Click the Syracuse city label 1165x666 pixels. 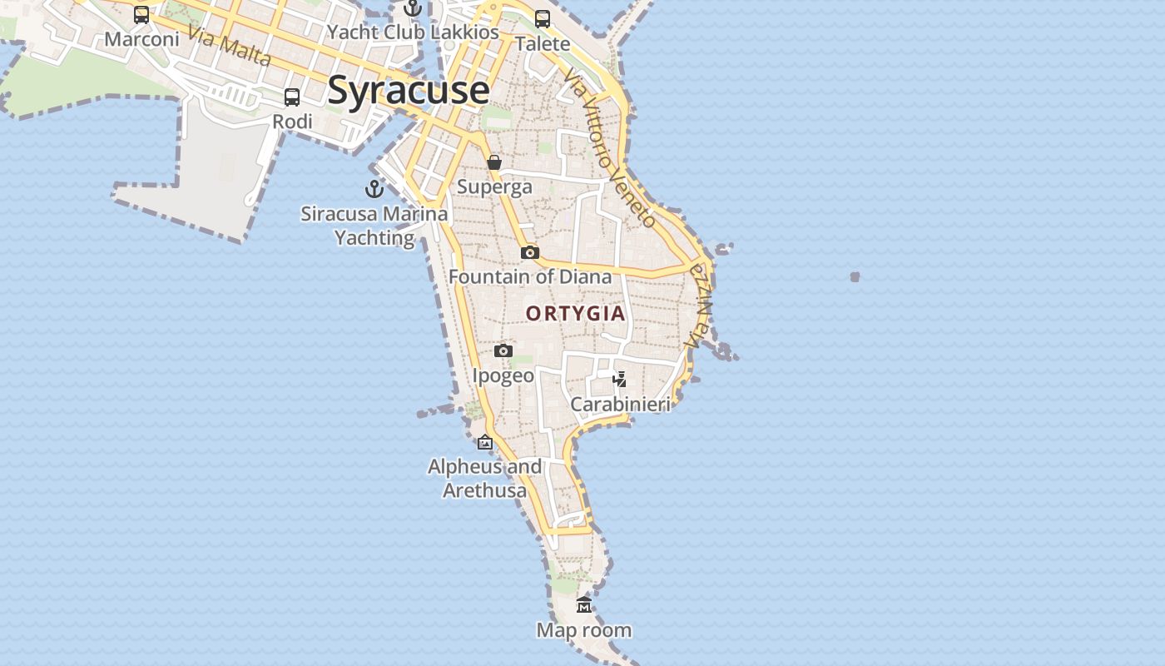pyautogui.click(x=408, y=90)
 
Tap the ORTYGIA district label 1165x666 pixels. pyautogui.click(x=575, y=313)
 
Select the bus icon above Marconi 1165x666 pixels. pyautogui.click(x=141, y=15)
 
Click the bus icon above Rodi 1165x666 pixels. pyautogui.click(x=292, y=97)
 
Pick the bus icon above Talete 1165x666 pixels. pyautogui.click(x=543, y=19)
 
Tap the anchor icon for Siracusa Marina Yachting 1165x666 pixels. pyautogui.click(x=374, y=189)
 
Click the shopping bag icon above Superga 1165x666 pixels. pyautogui.click(x=494, y=162)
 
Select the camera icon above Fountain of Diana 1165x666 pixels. pyautogui.click(x=530, y=252)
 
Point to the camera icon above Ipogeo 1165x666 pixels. pyautogui.click(x=503, y=351)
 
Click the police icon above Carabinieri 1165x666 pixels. pyautogui.click(x=620, y=380)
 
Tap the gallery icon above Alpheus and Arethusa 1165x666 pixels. pyautogui.click(x=485, y=442)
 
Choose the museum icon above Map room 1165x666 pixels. pyautogui.click(x=584, y=605)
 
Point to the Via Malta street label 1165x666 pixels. pyautogui.click(x=229, y=46)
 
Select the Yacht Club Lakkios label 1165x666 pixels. pyautogui.click(x=413, y=32)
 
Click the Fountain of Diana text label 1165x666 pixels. pyautogui.click(x=530, y=276)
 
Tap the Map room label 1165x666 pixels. pyautogui.click(x=584, y=630)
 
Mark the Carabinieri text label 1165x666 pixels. pyautogui.click(x=620, y=405)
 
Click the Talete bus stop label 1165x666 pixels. pyautogui.click(x=543, y=43)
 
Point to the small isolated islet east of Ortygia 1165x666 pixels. pyautogui.click(x=855, y=276)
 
